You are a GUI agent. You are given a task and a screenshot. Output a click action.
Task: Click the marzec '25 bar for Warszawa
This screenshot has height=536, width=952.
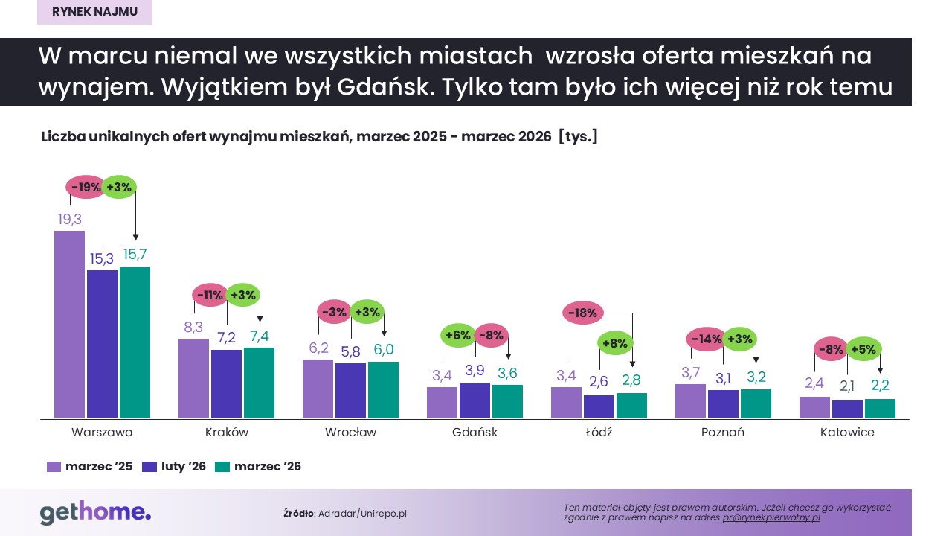[69, 325]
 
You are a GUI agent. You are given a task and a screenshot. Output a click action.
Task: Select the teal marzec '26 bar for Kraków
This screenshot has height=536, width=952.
[259, 383]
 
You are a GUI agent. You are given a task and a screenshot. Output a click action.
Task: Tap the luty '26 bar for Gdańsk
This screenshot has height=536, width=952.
[475, 401]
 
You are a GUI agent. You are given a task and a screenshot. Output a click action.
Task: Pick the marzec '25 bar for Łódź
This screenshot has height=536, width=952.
[566, 403]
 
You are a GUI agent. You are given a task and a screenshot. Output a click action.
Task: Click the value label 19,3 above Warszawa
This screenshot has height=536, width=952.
[69, 220]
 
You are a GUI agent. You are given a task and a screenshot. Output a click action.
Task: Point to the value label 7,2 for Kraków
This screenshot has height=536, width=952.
[226, 339]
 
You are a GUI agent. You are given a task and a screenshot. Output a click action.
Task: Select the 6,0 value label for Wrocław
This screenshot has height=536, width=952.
[383, 350]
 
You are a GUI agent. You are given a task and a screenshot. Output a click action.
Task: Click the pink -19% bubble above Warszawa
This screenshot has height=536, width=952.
[86, 188]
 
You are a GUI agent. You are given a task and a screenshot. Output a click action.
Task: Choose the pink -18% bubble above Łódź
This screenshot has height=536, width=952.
[582, 313]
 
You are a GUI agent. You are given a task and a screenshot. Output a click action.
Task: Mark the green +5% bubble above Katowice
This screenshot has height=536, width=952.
[863, 348]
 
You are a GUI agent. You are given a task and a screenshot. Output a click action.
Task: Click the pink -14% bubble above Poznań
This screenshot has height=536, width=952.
[707, 339]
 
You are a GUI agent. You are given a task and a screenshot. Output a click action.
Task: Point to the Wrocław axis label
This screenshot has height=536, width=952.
[350, 433]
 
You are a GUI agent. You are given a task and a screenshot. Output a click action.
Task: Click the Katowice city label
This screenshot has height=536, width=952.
[847, 433]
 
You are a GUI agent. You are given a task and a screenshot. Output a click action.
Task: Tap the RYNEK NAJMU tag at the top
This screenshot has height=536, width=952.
[94, 12]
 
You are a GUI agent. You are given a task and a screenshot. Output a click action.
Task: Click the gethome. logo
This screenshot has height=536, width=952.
[95, 513]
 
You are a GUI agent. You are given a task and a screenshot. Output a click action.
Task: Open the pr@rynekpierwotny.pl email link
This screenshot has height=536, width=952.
[771, 517]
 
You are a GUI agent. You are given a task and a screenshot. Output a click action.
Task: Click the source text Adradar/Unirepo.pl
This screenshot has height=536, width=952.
[362, 514]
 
